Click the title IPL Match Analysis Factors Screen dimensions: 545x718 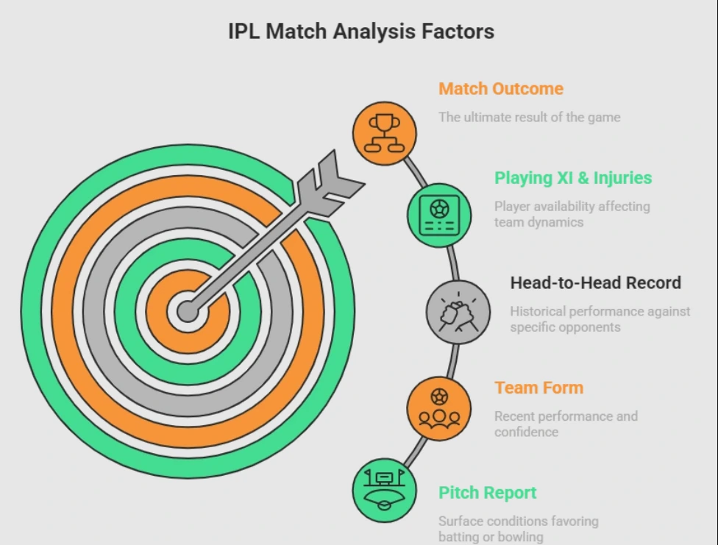point(360,32)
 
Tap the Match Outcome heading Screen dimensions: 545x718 point(500,89)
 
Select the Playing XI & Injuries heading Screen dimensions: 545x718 point(572,178)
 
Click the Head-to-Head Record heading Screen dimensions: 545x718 point(595,283)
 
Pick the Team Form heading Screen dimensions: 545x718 point(538,388)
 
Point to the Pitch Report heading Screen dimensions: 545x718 point(487,493)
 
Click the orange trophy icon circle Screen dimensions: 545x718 point(384,134)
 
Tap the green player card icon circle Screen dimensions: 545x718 point(439,215)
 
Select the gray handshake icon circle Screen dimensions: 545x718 point(458,313)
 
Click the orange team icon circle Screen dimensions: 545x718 point(439,408)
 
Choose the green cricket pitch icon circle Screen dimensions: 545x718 point(384,490)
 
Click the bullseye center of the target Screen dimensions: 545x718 point(187,310)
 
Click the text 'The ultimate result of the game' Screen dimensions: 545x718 point(529,117)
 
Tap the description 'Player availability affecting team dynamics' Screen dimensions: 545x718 point(572,214)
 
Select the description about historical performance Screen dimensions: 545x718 point(600,319)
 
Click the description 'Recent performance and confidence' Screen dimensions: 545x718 point(565,424)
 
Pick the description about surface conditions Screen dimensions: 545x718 point(518,529)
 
